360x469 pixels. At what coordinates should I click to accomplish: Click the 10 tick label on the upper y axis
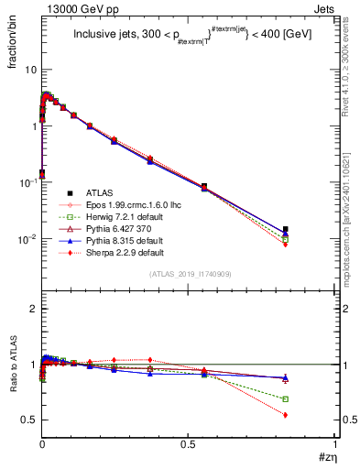pos(29,70)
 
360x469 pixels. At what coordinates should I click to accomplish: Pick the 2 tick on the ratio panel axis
pos(33,309)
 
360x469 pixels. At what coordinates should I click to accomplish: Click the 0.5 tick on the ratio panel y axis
pos(29,420)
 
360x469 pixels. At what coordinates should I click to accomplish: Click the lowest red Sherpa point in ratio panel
pos(286,415)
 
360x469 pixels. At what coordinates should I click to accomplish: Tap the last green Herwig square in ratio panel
pos(286,398)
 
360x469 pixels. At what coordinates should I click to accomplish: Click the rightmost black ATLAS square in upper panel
pos(286,229)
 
